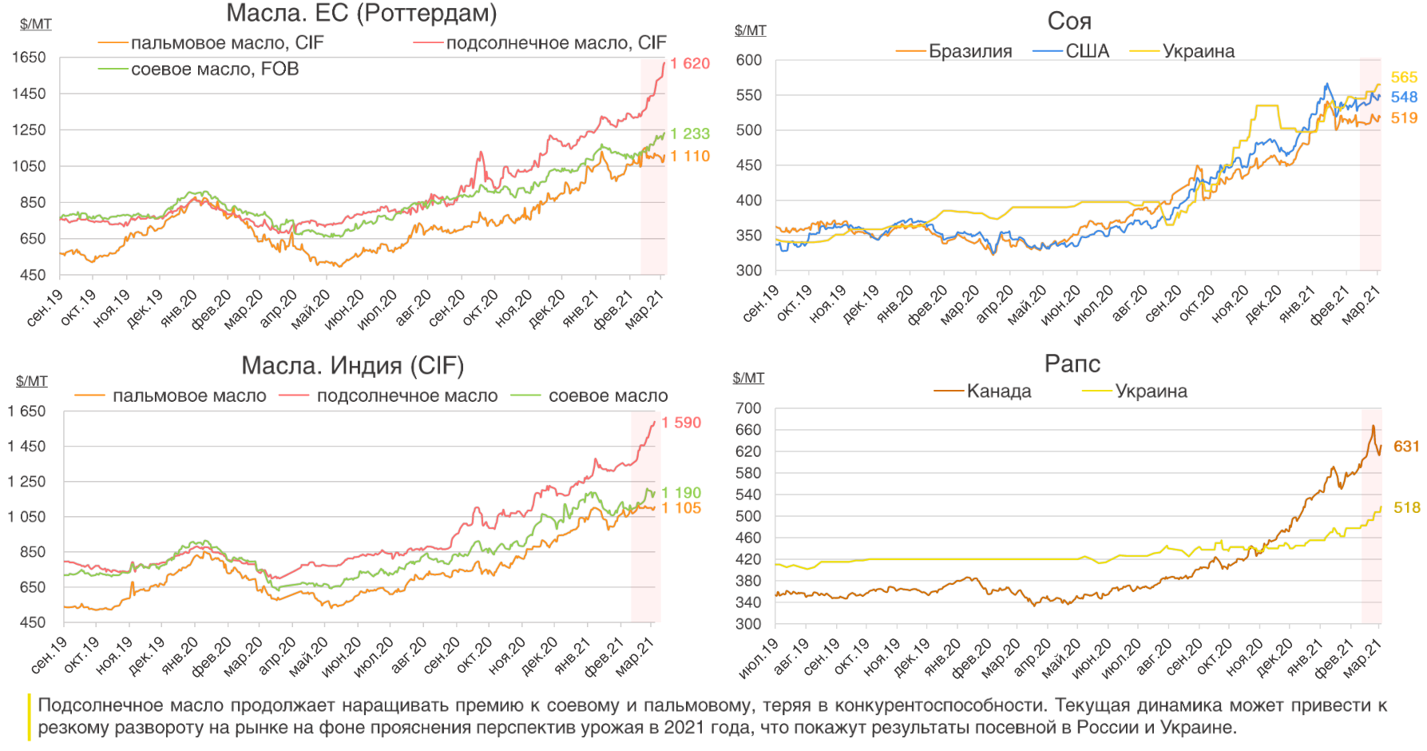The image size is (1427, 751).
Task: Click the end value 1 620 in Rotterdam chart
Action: (689, 64)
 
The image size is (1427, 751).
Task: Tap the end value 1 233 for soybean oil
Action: (689, 134)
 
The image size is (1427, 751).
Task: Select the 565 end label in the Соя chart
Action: (1404, 77)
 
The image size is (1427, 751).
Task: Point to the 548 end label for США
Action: (1404, 97)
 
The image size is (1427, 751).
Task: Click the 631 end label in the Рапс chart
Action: (1406, 447)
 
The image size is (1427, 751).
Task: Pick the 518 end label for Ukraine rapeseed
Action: (1406, 508)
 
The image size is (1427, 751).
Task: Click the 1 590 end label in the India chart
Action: (681, 423)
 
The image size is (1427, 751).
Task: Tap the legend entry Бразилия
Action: (969, 52)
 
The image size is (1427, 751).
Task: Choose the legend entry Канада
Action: (998, 391)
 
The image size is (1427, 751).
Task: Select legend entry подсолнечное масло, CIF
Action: (556, 43)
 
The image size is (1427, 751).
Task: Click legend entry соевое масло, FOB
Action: (215, 70)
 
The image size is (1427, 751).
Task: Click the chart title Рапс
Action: (1072, 364)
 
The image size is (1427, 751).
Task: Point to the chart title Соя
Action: (1069, 22)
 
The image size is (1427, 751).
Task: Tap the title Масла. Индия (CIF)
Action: (352, 366)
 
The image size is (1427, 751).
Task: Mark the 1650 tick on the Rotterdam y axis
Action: (29, 58)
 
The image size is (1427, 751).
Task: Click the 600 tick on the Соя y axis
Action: (749, 61)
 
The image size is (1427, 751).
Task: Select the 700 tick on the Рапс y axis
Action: (748, 408)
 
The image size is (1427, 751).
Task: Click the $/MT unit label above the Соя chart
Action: (750, 30)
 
